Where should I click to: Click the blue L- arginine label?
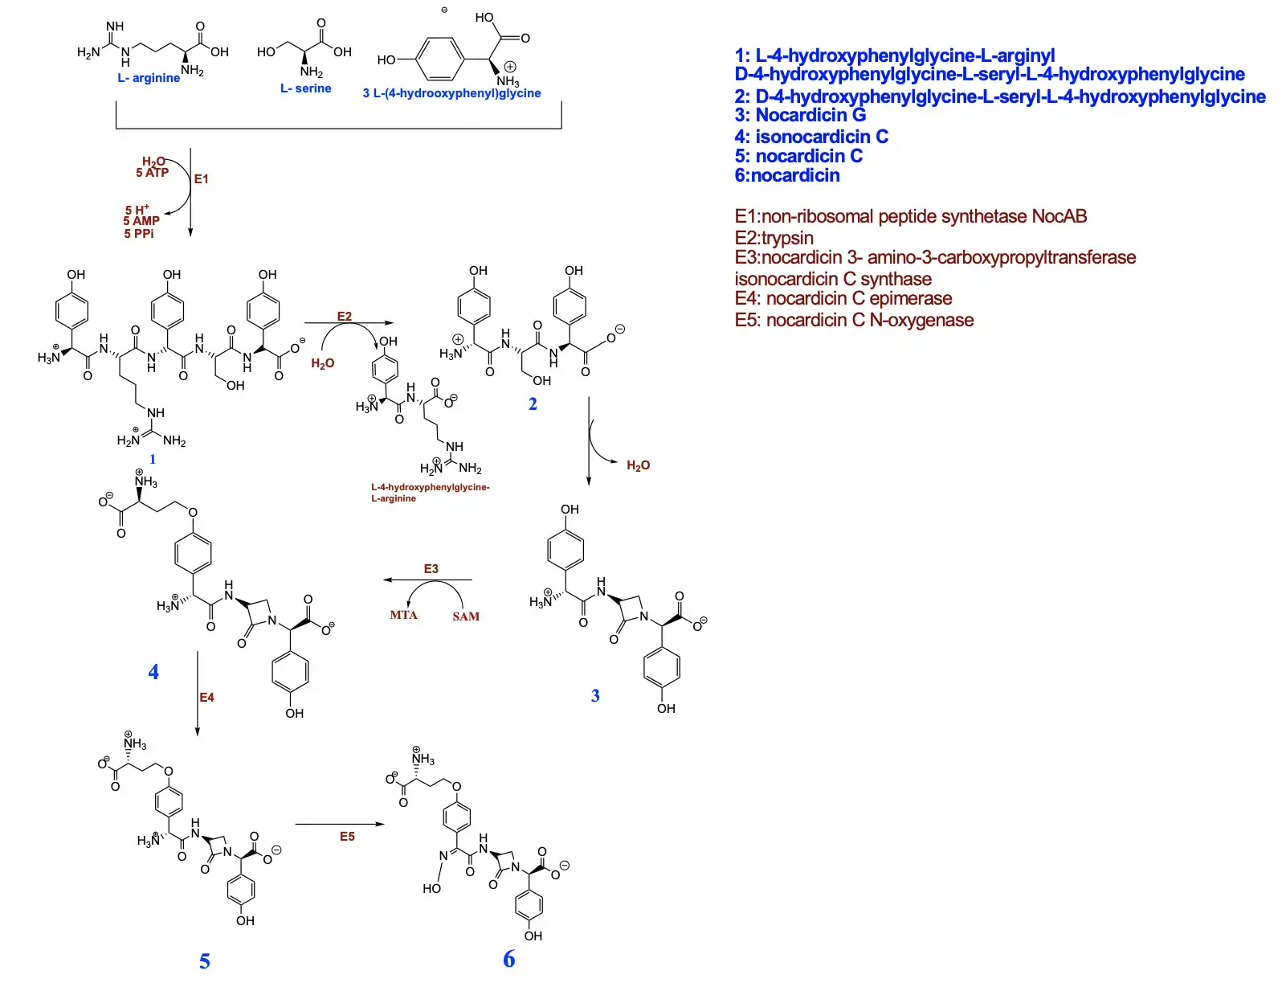tap(149, 78)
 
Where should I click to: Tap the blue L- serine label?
tap(305, 88)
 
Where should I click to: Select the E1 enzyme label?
tap(201, 178)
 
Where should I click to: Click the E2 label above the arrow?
tap(344, 316)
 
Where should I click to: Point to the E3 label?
tap(431, 568)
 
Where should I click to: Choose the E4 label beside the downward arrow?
tap(206, 697)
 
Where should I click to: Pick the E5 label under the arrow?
tap(347, 836)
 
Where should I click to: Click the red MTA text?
tap(403, 615)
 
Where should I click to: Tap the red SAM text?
tap(466, 616)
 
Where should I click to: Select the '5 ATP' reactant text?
tap(152, 172)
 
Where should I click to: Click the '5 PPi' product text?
tap(138, 233)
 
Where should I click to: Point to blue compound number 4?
tap(153, 672)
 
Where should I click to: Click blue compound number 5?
tap(205, 961)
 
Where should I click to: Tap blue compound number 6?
tap(509, 958)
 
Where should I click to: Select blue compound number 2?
tap(533, 403)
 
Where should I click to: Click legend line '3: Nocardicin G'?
tap(800, 115)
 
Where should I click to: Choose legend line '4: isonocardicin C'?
tap(811, 137)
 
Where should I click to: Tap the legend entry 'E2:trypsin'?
tap(774, 238)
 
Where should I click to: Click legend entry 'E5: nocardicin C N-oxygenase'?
tap(854, 320)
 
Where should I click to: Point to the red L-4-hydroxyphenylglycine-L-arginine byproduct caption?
tap(430, 492)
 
